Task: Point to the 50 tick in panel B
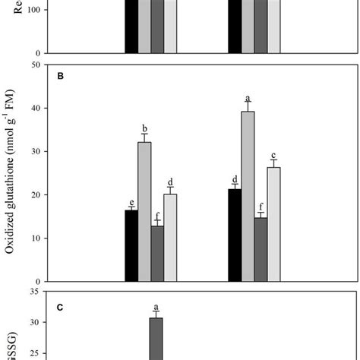tap(35, 65)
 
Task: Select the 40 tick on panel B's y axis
tap(35, 109)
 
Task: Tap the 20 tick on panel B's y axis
tap(35, 195)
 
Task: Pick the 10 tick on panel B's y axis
tap(35, 238)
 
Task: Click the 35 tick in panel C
tap(35, 291)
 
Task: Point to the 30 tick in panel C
tap(35, 323)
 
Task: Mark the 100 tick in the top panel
tap(33, 11)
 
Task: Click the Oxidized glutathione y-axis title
tap(11, 172)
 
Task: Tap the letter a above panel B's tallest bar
tap(248, 99)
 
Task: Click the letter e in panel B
tap(131, 202)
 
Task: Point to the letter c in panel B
tap(274, 154)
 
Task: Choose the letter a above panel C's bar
tap(156, 306)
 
